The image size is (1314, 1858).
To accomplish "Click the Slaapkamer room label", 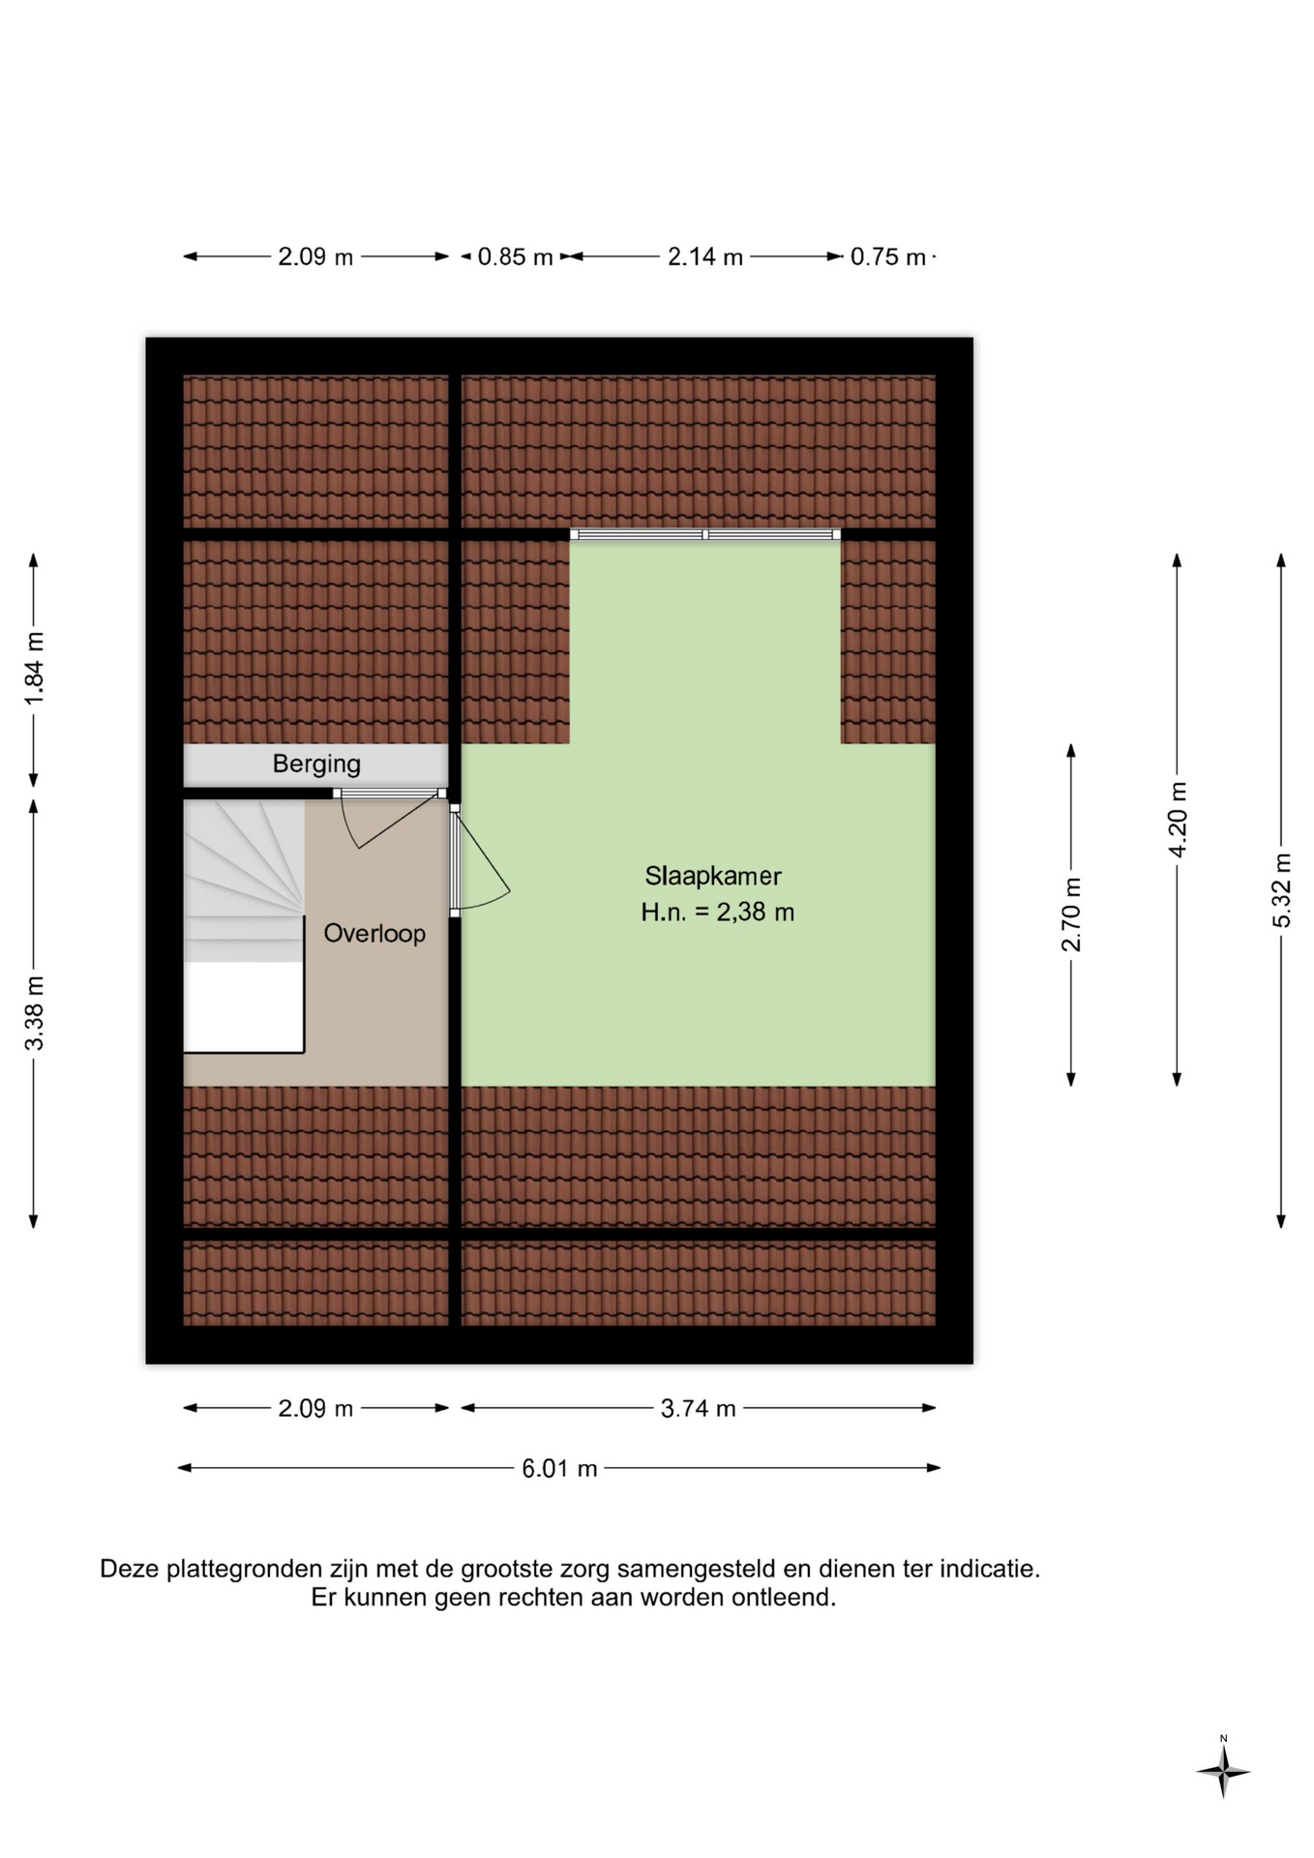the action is [x=713, y=876].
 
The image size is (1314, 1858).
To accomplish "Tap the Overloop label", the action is [x=374, y=933].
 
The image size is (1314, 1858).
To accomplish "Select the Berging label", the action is [x=316, y=764].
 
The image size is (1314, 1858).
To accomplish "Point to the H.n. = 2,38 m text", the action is [x=717, y=912].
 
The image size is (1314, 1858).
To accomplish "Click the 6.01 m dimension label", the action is [x=559, y=1468].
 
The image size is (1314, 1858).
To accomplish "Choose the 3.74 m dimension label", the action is [x=698, y=1408].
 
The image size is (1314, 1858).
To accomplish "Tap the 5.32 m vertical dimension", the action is [x=1281, y=890].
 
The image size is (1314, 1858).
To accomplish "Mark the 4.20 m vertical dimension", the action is [x=1178, y=819].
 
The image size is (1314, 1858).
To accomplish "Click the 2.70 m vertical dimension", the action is [x=1071, y=914].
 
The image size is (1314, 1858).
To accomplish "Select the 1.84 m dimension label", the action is [x=34, y=670].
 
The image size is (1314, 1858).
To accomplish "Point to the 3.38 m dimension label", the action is [x=34, y=1013].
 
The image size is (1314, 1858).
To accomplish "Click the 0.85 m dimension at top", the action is [x=515, y=256].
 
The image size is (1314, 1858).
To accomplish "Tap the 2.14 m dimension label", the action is [x=705, y=256].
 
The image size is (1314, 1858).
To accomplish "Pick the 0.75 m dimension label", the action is [x=888, y=256].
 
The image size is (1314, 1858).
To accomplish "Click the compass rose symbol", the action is [x=1223, y=1772].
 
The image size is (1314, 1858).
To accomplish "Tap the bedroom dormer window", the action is [x=705, y=534].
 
